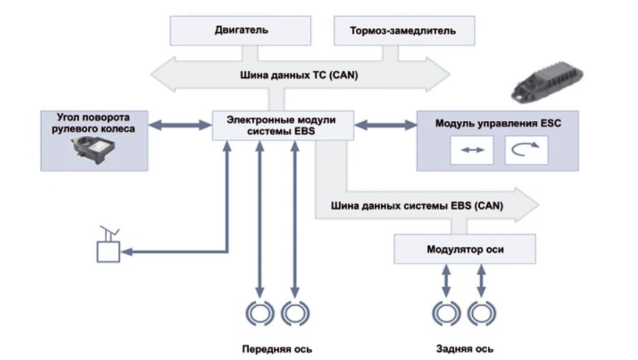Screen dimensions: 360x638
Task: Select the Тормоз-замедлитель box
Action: (404, 31)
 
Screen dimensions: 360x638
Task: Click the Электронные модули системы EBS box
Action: (283, 125)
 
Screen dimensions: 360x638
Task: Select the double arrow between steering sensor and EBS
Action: (181, 125)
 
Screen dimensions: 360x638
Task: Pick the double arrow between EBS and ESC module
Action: (385, 125)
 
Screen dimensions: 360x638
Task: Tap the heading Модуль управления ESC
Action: (498, 123)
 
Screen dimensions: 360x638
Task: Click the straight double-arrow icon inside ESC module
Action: (472, 151)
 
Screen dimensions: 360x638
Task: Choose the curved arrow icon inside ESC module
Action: (526, 151)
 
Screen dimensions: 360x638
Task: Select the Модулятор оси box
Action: (465, 249)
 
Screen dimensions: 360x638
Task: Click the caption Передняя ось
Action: (277, 348)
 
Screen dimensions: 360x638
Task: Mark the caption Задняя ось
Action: (464, 348)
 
